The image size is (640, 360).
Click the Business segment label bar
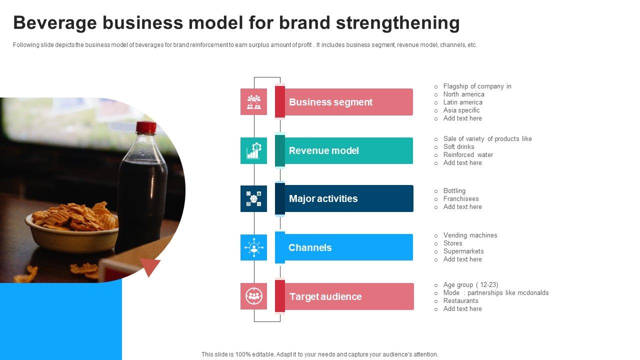[x=345, y=102]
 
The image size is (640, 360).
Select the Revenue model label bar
[x=345, y=150]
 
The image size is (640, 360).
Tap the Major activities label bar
[x=345, y=198]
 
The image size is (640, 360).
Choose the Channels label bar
[x=345, y=247]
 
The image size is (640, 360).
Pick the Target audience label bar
[x=345, y=296]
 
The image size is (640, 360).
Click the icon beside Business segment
[x=254, y=102]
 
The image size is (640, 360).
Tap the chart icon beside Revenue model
[x=254, y=150]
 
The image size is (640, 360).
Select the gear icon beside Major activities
[x=254, y=198]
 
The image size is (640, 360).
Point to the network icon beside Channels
[x=254, y=247]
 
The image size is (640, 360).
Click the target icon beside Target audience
[x=254, y=296]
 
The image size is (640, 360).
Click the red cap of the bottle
[x=146, y=127]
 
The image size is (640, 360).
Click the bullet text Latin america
[x=462, y=102]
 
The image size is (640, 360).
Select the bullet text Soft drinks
[x=458, y=147]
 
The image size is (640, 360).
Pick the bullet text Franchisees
[x=461, y=199]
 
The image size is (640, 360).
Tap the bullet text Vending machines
[x=470, y=235]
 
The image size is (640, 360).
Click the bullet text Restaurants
[x=460, y=301]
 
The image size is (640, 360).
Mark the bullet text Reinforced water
[x=468, y=155]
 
